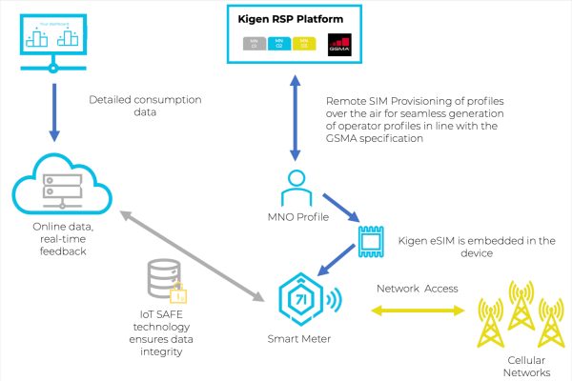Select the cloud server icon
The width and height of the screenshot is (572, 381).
coord(54,187)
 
